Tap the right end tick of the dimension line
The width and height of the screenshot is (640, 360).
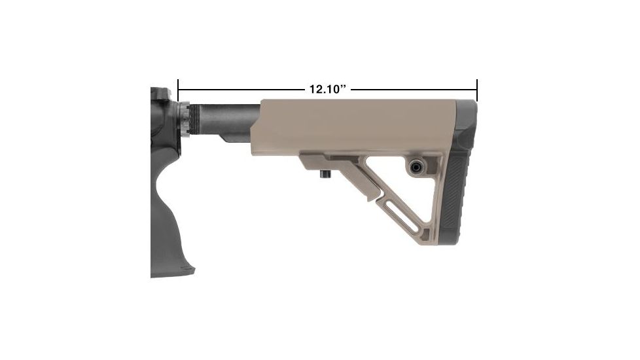[477, 90]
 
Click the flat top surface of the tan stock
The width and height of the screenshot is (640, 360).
[360, 103]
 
